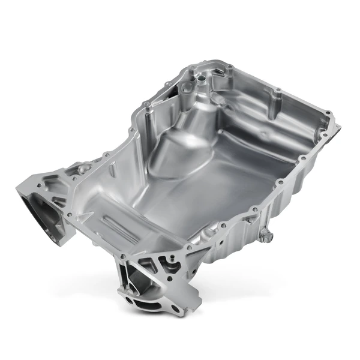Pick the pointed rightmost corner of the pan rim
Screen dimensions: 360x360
point(337,127)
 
